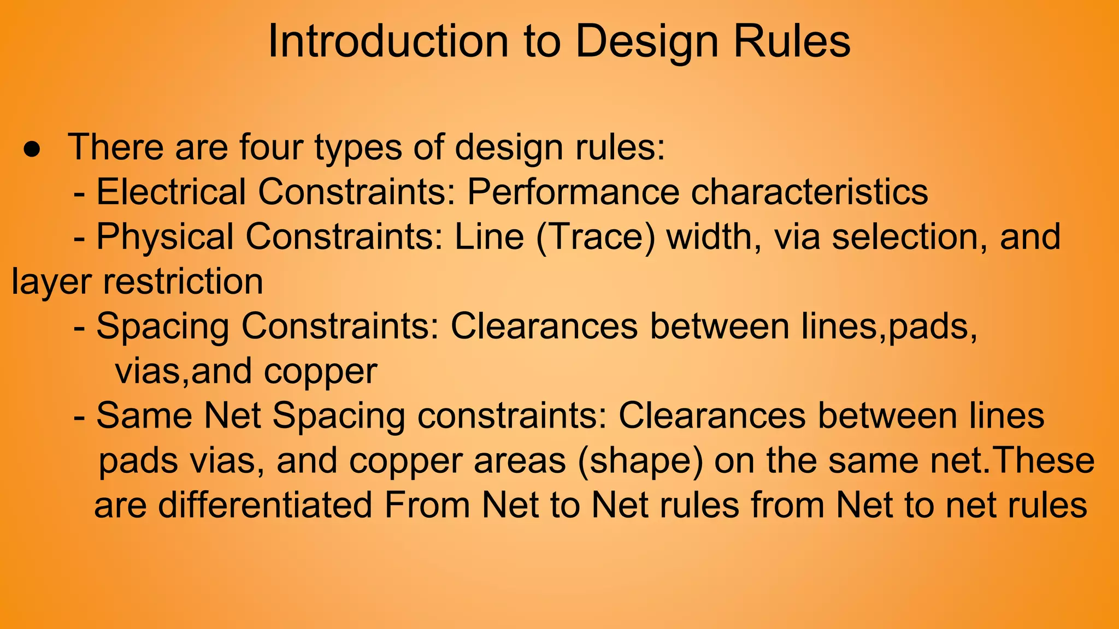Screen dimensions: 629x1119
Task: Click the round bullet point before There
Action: [x=32, y=150]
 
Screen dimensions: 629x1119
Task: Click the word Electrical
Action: [x=171, y=192]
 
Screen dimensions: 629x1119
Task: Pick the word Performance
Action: [x=573, y=192]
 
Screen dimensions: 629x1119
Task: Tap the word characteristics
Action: [x=809, y=192]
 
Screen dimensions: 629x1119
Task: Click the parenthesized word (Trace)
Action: [x=596, y=237]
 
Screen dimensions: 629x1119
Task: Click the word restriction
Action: [x=183, y=282]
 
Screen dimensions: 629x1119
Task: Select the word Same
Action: [x=144, y=416]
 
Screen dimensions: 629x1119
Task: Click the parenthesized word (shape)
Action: [x=640, y=461]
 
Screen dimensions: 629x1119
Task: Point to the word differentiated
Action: [x=265, y=505]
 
